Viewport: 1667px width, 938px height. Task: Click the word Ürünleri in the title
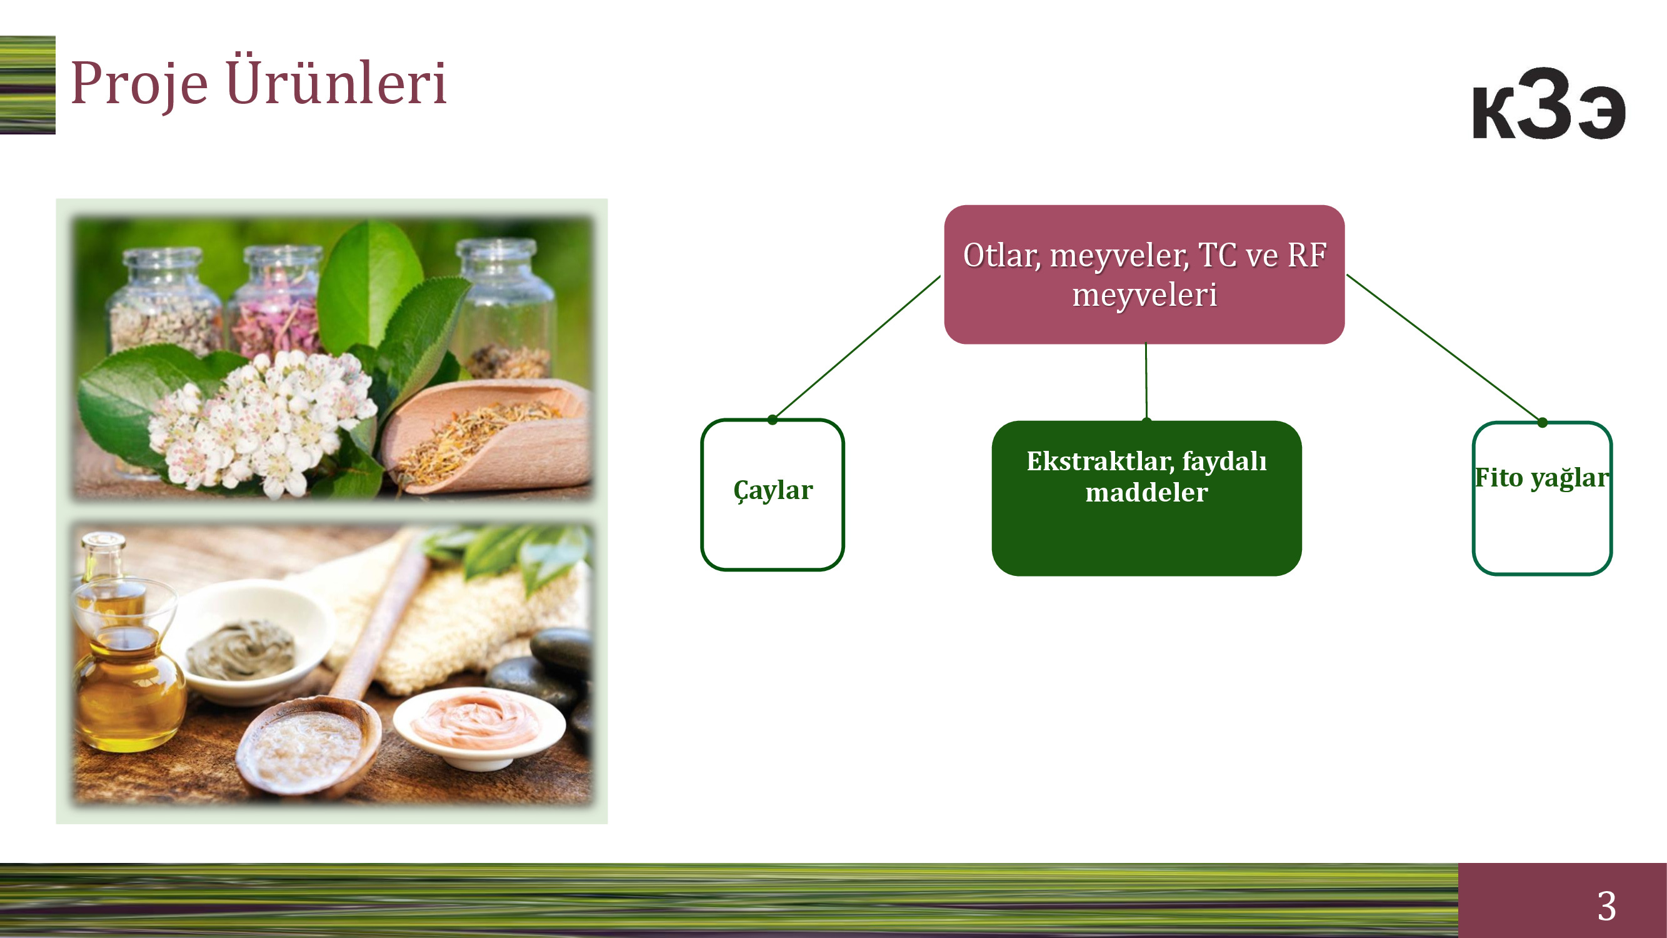pyautogui.click(x=336, y=79)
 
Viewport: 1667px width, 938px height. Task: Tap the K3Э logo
pyautogui.click(x=1549, y=104)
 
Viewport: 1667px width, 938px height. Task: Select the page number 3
pyautogui.click(x=1606, y=905)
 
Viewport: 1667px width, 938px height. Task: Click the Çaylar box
pyautogui.click(x=773, y=495)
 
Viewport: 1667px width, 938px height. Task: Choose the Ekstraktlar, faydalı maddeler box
pyautogui.click(x=1146, y=498)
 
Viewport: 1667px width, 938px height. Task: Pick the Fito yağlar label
pyautogui.click(x=1542, y=478)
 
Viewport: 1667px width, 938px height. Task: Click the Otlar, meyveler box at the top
pyautogui.click(x=1144, y=275)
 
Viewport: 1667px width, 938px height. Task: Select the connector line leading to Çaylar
pyautogui.click(x=856, y=347)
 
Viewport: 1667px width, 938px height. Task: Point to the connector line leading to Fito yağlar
pyautogui.click(x=1444, y=348)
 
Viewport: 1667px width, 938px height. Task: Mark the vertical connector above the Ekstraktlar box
pyautogui.click(x=1146, y=382)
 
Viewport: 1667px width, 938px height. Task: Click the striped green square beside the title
pyautogui.click(x=27, y=85)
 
